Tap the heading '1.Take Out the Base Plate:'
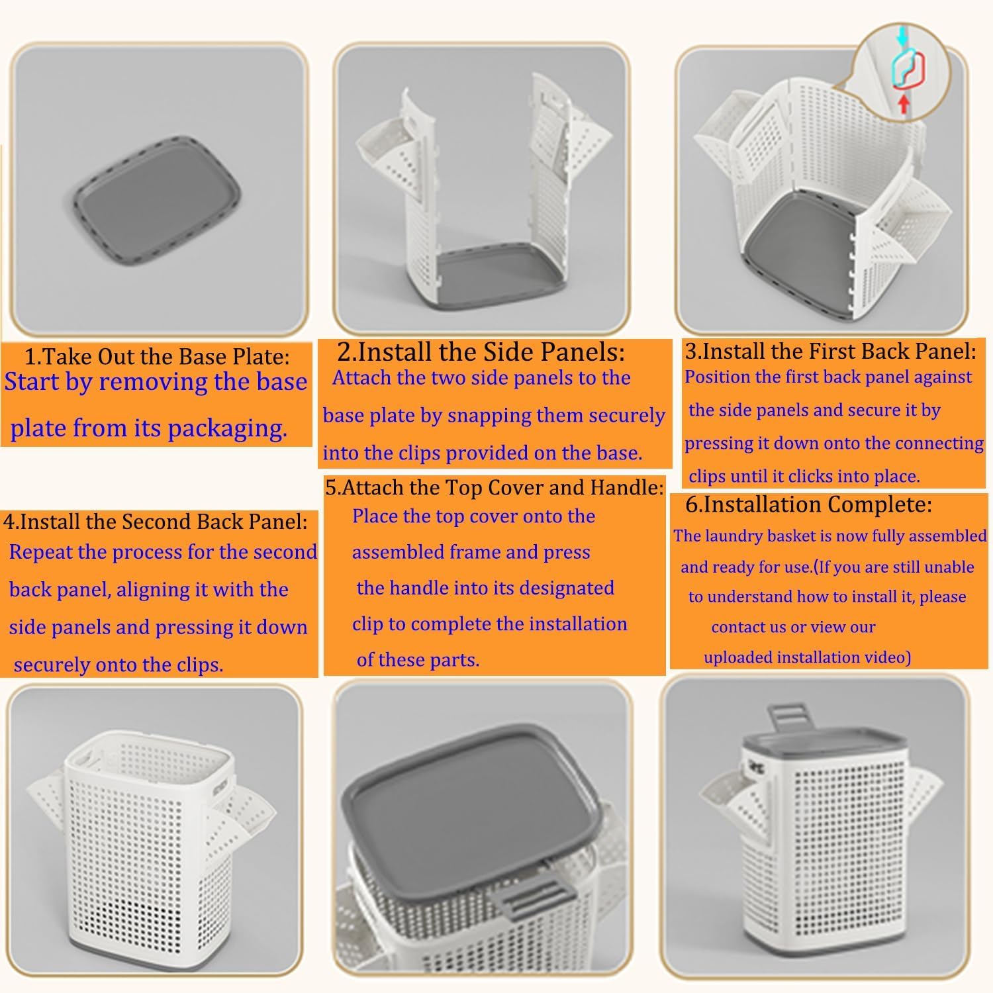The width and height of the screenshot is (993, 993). [157, 357]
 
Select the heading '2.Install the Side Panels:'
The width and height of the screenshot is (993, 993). [481, 352]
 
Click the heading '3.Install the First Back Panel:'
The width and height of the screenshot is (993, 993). [830, 351]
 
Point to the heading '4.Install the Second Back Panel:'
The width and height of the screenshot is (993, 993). [156, 522]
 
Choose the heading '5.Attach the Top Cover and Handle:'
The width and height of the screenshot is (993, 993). [494, 488]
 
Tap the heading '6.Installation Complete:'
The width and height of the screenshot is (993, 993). [808, 504]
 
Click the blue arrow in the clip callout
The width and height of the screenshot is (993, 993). [901, 40]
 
